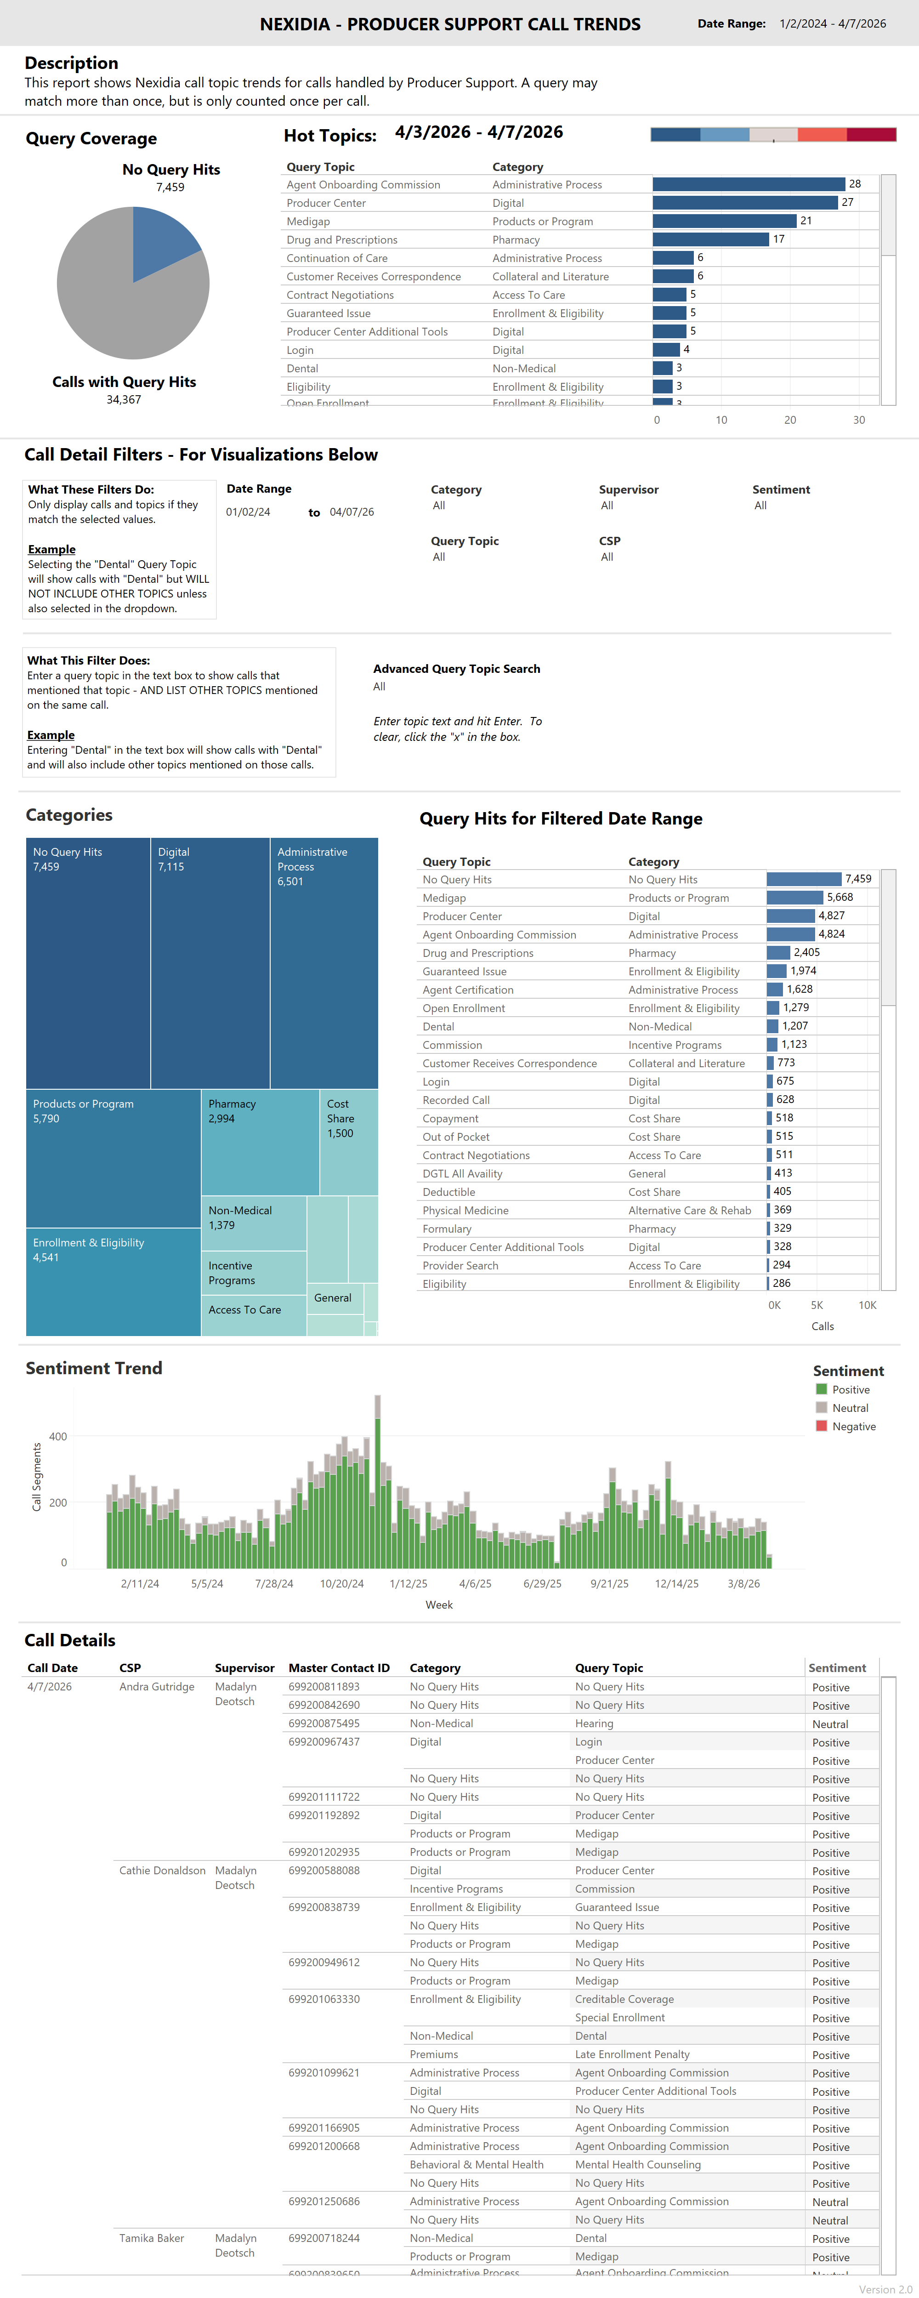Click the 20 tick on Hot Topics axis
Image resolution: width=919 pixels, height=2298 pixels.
[789, 420]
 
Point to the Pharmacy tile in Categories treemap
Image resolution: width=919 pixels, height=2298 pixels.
[259, 1142]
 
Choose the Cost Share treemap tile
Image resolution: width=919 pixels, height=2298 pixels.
[348, 1142]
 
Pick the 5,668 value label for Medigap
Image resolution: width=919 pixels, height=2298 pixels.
[840, 898]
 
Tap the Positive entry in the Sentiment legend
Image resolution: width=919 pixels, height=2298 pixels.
[850, 1390]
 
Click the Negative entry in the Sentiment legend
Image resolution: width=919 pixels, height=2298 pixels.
[853, 1427]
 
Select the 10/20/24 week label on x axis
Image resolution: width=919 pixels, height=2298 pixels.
[342, 1583]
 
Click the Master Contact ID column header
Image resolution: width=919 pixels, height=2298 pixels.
[339, 1668]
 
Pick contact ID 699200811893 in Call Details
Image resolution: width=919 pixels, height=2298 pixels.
[324, 1687]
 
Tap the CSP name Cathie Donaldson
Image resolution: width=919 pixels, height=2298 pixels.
[162, 1871]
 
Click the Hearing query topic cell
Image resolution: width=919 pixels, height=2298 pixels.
[594, 1723]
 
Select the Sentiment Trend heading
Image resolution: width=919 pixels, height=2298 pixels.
[94, 1368]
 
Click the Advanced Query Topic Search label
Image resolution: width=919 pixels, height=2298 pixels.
[456, 669]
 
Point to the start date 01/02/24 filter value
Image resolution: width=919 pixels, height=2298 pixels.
[248, 512]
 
